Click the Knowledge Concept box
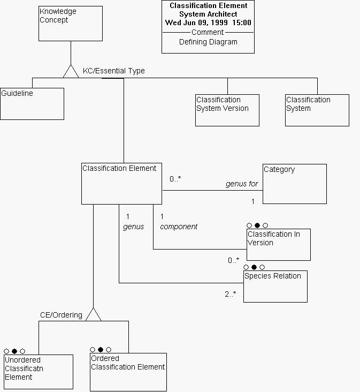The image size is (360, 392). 71,24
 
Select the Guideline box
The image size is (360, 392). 32,104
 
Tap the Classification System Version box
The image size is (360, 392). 227,110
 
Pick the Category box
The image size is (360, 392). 294,184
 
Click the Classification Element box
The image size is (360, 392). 121,184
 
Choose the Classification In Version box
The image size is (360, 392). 278,244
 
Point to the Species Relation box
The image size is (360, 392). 275,286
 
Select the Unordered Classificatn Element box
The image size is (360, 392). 39,371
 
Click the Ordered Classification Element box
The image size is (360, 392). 128,372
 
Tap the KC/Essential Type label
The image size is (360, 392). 113,71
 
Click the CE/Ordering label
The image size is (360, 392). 61,315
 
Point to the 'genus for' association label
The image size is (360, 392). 242,184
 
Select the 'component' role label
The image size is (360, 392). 179,227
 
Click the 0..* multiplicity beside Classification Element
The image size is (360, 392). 175,179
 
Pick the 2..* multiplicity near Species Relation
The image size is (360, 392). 231,294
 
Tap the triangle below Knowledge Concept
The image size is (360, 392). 71,72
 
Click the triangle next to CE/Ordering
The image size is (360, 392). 93,315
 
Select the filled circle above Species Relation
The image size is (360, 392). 254,267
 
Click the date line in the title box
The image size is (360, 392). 208,22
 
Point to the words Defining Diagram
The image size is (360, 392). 208,42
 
